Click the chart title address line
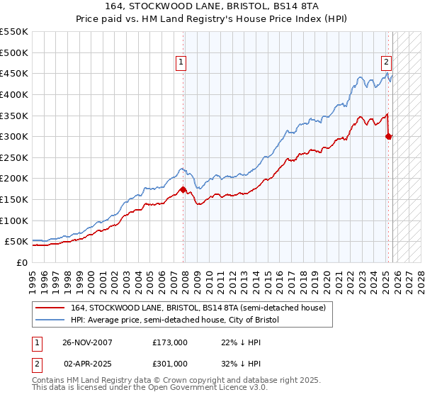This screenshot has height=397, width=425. (212, 6)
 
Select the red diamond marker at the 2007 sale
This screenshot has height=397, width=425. (183, 189)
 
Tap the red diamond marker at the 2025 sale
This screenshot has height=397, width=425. (389, 136)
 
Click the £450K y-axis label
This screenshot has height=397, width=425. (14, 73)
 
